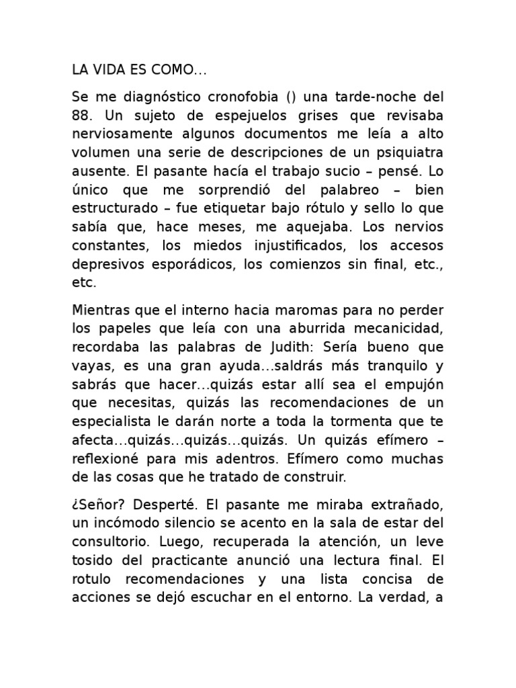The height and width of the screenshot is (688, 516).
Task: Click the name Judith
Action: click(x=286, y=349)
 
